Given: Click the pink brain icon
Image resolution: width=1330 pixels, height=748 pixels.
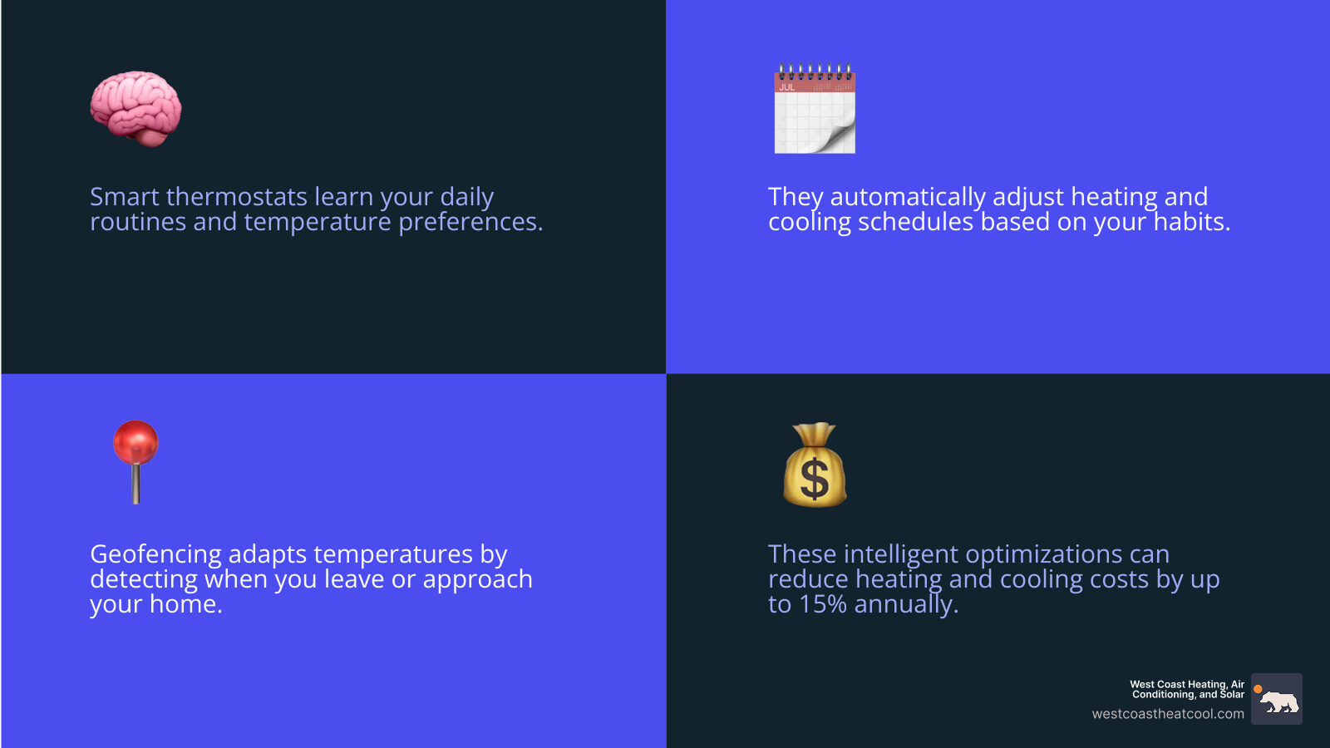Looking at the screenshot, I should (135, 109).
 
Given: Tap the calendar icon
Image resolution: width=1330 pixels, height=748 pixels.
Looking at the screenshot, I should (815, 110).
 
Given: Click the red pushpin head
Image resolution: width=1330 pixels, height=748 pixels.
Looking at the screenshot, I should (135, 442).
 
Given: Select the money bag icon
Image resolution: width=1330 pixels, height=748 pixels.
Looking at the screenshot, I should (815, 465).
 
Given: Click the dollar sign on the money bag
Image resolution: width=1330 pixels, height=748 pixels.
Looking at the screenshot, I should (815, 480).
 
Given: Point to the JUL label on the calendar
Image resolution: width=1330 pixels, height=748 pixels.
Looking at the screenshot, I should (786, 87).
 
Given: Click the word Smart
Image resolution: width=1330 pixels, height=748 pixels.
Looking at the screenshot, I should (125, 197).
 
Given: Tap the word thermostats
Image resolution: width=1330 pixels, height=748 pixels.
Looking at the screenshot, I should (237, 197).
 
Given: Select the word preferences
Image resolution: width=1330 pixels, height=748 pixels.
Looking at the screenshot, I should (470, 223).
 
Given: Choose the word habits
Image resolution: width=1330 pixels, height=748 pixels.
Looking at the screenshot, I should (1192, 222).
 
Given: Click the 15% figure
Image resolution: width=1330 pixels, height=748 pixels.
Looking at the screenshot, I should (823, 604).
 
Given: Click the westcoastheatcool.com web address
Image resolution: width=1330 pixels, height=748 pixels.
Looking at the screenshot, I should (1168, 714).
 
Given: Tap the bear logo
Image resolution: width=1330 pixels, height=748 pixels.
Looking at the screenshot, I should (1277, 700).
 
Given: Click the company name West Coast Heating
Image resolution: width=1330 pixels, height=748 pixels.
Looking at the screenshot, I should (1187, 685).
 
